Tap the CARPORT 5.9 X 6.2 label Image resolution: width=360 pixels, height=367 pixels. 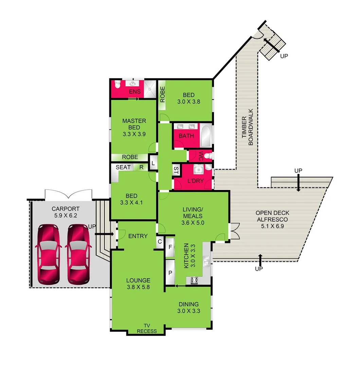click(66, 212)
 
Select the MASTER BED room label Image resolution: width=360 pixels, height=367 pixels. click(134, 124)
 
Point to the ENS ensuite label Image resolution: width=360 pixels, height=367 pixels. click(134, 91)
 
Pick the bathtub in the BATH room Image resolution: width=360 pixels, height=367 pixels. click(205, 135)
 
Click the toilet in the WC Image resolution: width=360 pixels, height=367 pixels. click(208, 156)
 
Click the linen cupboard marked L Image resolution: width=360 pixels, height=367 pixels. click(153, 163)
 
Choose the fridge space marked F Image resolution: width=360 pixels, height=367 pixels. click(169, 247)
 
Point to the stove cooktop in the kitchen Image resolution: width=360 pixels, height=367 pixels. click(195, 280)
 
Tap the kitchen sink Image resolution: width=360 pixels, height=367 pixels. click(206, 262)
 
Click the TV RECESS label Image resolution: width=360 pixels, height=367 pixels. click(147, 328)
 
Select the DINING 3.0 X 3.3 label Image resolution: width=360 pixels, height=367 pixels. click(188, 308)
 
